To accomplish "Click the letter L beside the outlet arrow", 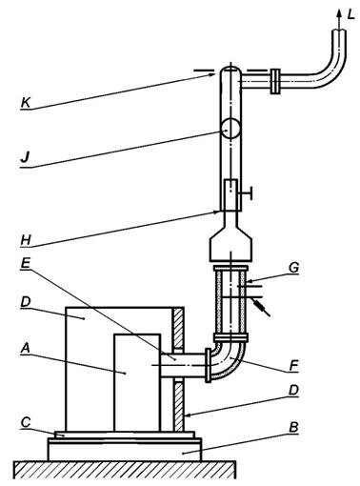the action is pos(350,14).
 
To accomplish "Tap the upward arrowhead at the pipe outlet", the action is pos(339,13).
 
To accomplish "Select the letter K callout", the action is pos(26,103).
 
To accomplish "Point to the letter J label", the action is pos(25,157).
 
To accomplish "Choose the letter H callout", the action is pos(26,239).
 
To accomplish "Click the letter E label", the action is pos(26,264).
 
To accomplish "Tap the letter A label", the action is pos(26,349).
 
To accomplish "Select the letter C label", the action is pos(26,422).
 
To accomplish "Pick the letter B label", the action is pos(293,428).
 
